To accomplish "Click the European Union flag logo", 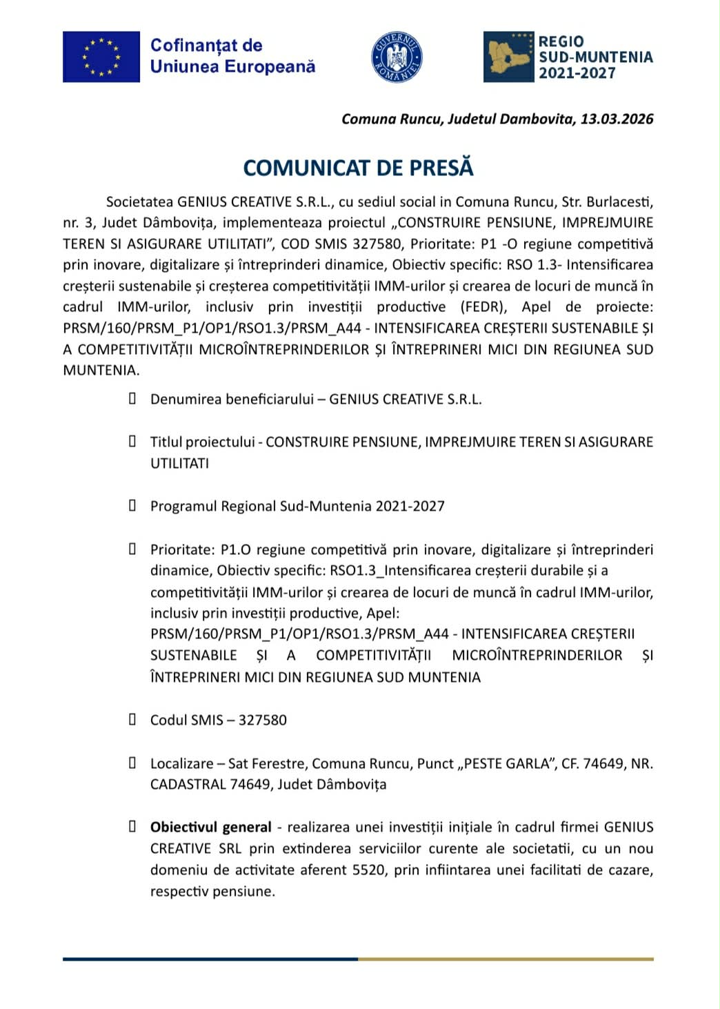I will pyautogui.click(x=101, y=57).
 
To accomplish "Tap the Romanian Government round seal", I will pyautogui.click(x=397, y=57).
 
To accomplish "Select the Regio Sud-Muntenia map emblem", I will pyautogui.click(x=509, y=57).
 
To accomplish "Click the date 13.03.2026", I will pyautogui.click(x=617, y=119).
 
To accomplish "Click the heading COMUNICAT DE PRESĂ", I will pyautogui.click(x=359, y=168).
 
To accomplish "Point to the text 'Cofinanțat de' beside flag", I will pyautogui.click(x=206, y=46).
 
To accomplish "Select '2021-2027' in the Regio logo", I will pyautogui.click(x=577, y=73).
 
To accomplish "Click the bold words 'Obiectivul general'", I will pyautogui.click(x=211, y=827).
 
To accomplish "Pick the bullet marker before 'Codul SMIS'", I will pyautogui.click(x=132, y=719).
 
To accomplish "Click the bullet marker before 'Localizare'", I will pyautogui.click(x=132, y=763).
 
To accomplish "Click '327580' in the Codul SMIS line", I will pyautogui.click(x=262, y=720).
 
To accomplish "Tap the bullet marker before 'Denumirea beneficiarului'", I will pyautogui.click(x=132, y=398).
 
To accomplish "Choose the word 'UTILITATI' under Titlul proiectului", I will pyautogui.click(x=179, y=463).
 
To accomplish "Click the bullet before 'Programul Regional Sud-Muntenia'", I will pyautogui.click(x=132, y=505).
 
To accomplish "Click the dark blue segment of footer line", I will pyautogui.click(x=210, y=959).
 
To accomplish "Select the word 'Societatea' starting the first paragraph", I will pyautogui.click(x=139, y=202).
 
